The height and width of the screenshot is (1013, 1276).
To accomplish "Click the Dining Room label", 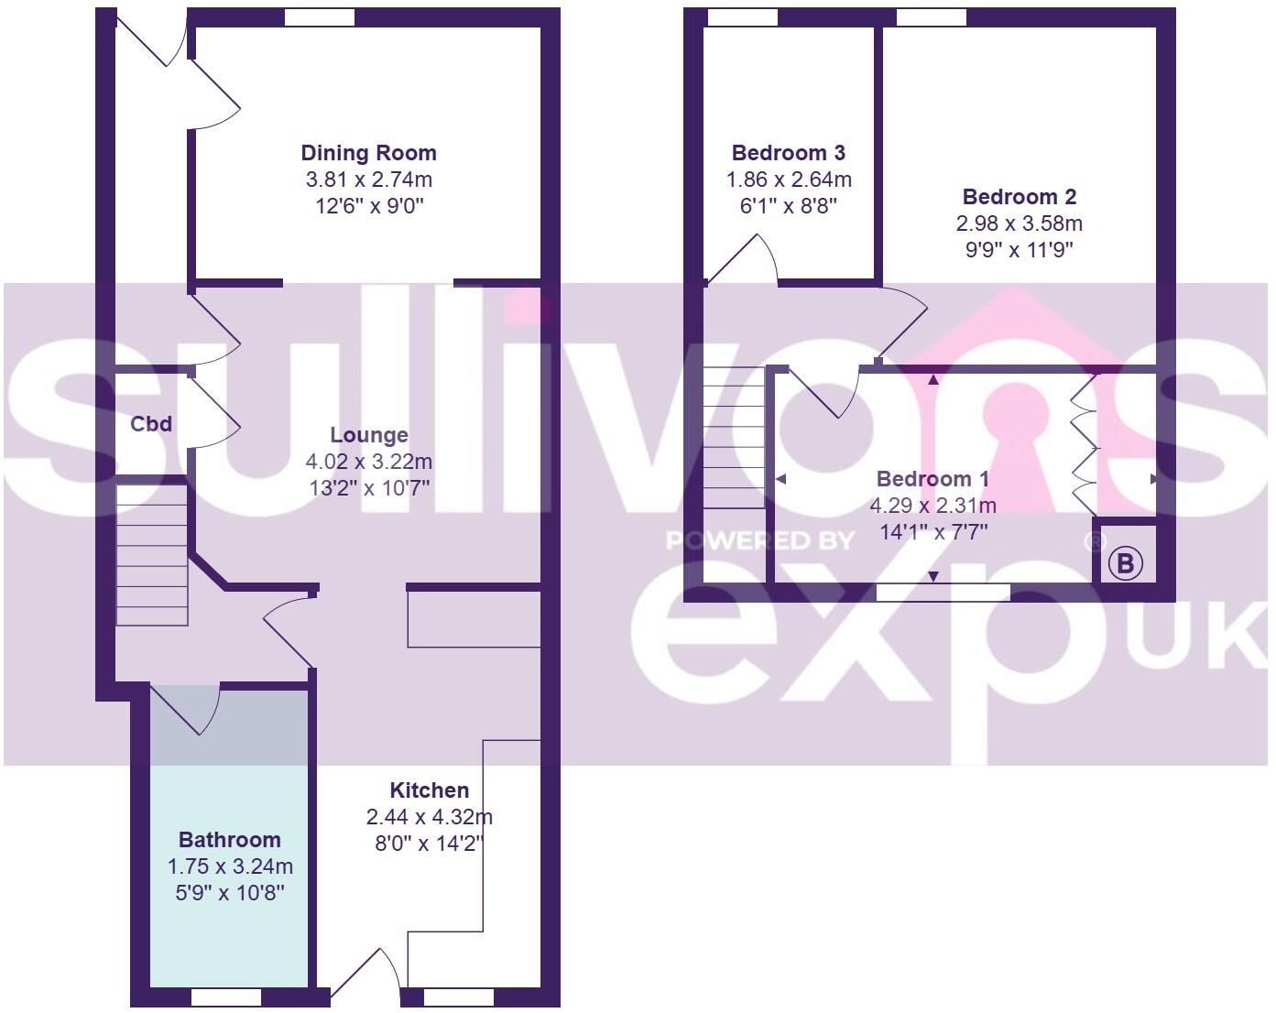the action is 368,153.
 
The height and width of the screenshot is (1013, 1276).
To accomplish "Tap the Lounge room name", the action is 369,435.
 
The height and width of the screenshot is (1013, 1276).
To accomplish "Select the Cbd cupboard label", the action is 151,424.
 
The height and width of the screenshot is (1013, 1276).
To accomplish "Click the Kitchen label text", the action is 429,790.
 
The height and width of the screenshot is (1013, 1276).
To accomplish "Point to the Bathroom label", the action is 229,840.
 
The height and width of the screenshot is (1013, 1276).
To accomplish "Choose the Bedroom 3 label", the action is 788,153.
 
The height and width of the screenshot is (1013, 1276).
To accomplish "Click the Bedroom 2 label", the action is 1019,197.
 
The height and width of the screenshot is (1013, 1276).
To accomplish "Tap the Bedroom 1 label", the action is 932,479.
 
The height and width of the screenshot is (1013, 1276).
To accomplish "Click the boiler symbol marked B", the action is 1126,563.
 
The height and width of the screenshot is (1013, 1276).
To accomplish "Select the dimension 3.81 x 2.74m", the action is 368,180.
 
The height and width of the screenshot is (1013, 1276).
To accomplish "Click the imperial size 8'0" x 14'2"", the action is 429,843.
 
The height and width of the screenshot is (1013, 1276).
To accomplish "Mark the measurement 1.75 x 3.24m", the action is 229,866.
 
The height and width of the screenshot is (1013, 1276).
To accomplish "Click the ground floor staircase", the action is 152,556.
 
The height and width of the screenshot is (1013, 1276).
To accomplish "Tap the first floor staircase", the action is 734,438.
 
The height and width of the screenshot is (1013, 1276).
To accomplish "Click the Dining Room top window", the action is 319,17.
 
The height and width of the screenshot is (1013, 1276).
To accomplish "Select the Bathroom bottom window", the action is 225,997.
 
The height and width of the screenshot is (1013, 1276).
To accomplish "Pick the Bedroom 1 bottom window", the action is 943,593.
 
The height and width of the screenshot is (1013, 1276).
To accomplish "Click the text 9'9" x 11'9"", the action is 1019,249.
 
